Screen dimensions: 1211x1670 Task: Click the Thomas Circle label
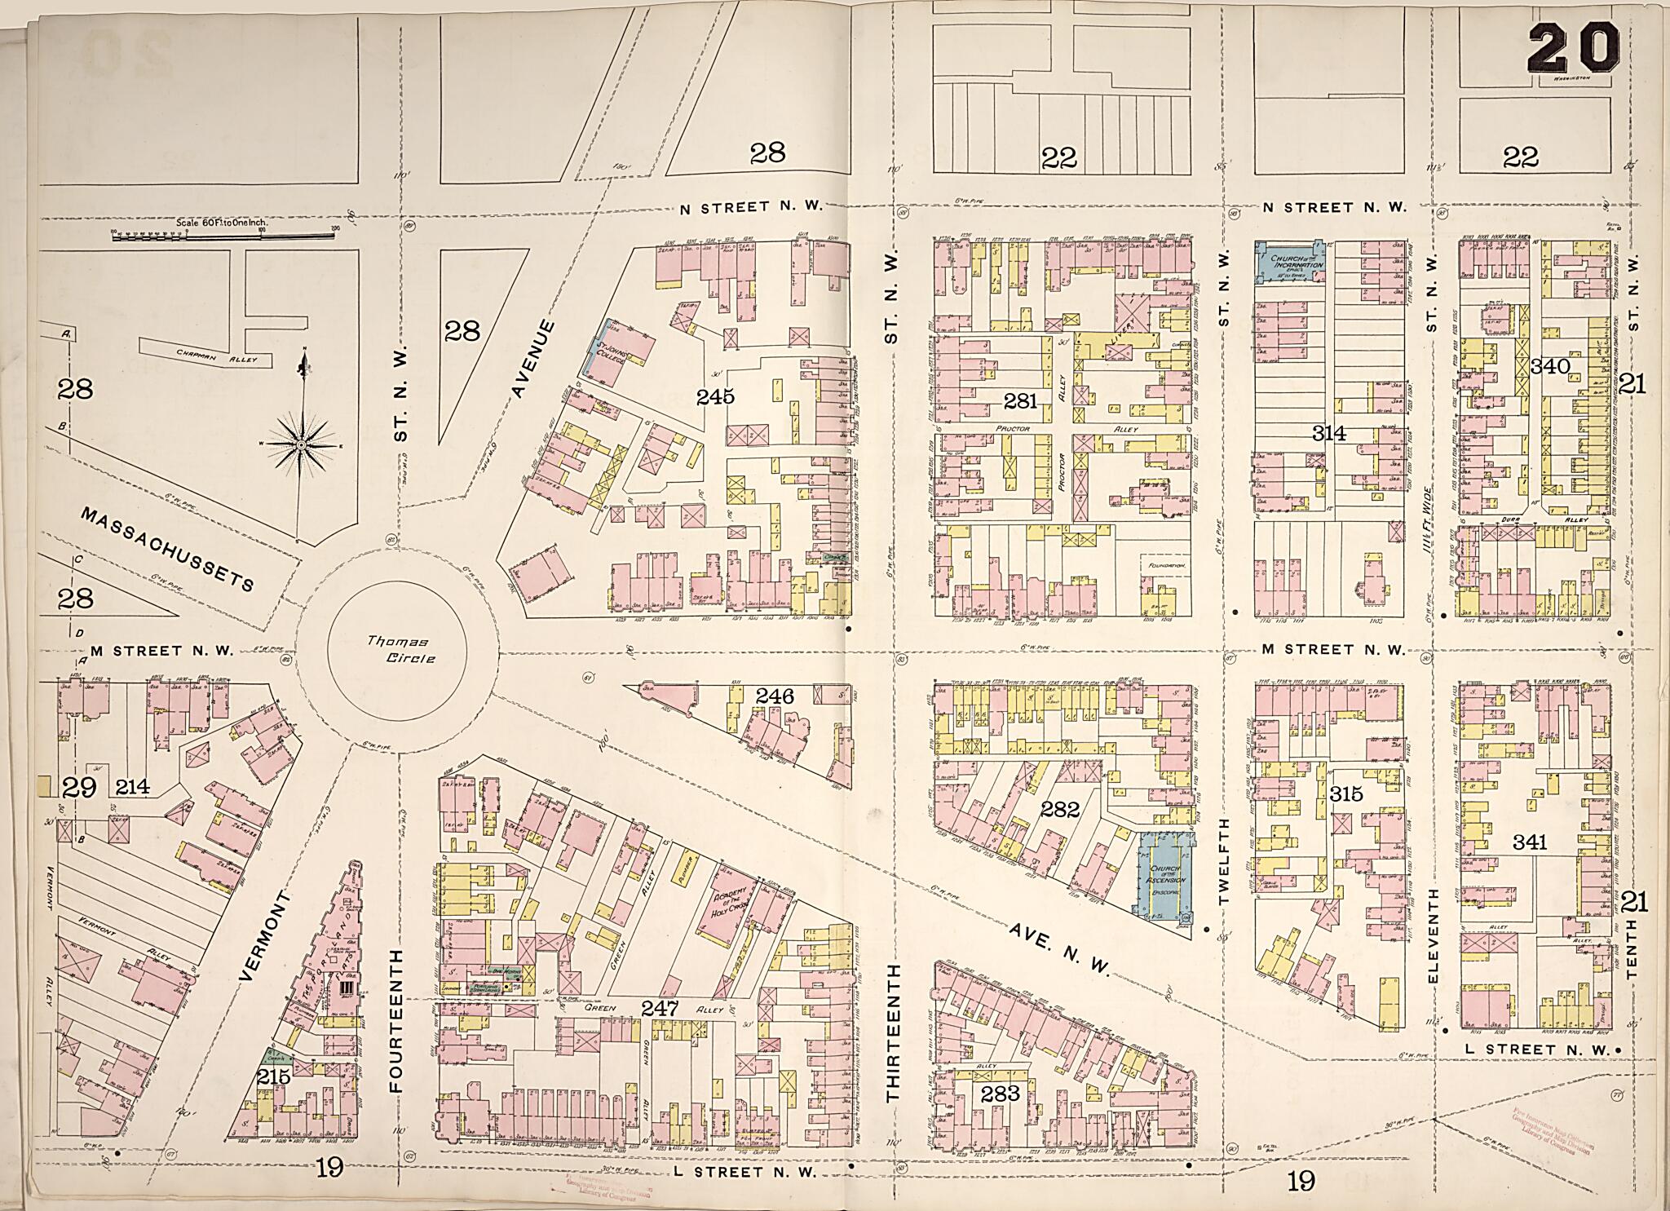[x=398, y=650]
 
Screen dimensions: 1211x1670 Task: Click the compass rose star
[x=302, y=444]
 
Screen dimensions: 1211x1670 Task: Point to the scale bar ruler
[x=222, y=236]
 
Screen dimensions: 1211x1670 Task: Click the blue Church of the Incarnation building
[x=1289, y=262]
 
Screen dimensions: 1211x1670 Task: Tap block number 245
[x=715, y=396]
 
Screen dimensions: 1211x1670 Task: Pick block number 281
[x=1020, y=400]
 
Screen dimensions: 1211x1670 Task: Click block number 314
[x=1329, y=433]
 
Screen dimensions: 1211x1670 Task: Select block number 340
[x=1549, y=367]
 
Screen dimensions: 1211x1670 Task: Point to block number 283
[x=1001, y=1094]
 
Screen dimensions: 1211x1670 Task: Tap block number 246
[x=774, y=696]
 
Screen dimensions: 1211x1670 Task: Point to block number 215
[x=273, y=1076]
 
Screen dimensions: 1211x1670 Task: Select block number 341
[x=1530, y=842]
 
